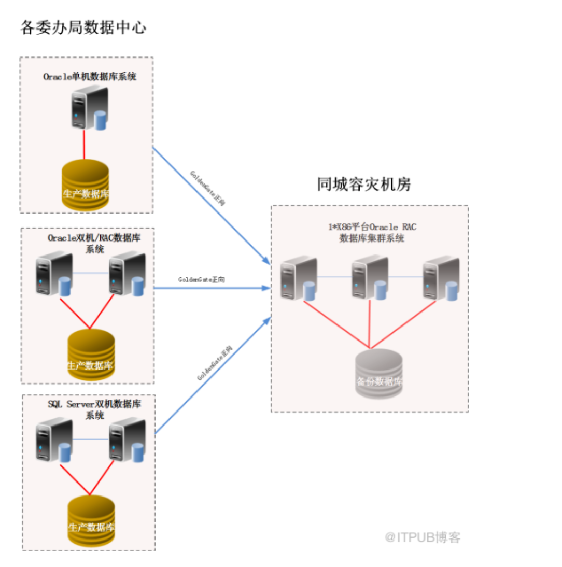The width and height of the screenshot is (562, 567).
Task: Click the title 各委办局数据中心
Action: point(83,27)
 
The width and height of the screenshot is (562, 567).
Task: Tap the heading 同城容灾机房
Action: point(364,184)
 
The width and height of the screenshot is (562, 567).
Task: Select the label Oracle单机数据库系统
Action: point(89,77)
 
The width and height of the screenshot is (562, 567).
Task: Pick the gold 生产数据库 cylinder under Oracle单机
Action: point(86,185)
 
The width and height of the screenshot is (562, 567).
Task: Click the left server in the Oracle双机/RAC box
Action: point(53,273)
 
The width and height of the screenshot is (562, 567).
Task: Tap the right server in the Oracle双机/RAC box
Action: point(126,273)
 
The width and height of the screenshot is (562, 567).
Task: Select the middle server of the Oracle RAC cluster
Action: point(368,279)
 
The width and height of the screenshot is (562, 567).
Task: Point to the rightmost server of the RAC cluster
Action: point(440,279)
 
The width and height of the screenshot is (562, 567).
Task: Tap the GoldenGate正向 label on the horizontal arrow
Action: point(202,280)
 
